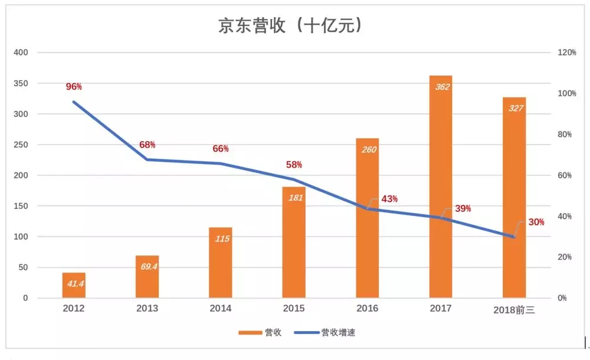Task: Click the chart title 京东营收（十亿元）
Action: pyautogui.click(x=290, y=26)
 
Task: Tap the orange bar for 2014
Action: pyautogui.click(x=221, y=263)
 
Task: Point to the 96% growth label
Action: pyautogui.click(x=74, y=87)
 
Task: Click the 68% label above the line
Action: pyautogui.click(x=147, y=145)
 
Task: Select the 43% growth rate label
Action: pyautogui.click(x=389, y=199)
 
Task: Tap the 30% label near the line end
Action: pyautogui.click(x=536, y=222)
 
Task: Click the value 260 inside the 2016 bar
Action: pyautogui.click(x=367, y=149)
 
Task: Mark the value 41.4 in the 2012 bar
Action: pyautogui.click(x=74, y=284)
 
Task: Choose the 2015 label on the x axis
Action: pyautogui.click(x=294, y=309)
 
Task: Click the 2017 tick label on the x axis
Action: pyautogui.click(x=441, y=309)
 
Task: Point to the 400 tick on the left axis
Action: pyautogui.click(x=21, y=53)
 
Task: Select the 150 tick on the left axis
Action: pyautogui.click(x=21, y=206)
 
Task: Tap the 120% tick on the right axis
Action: pyautogui.click(x=567, y=53)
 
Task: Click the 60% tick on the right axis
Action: pyautogui.click(x=566, y=176)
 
